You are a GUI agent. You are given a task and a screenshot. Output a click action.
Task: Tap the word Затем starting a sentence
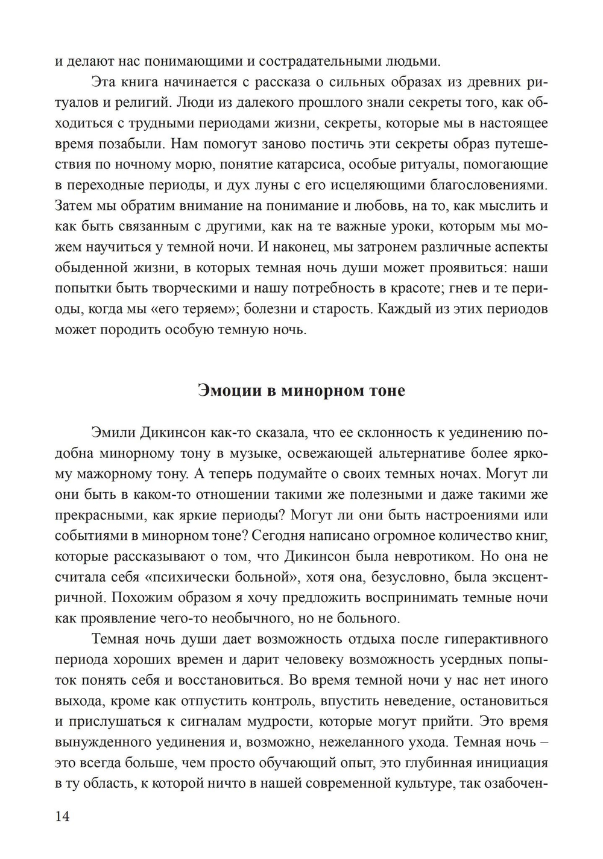[x=74, y=205]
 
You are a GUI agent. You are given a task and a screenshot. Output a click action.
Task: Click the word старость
[x=338, y=309]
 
